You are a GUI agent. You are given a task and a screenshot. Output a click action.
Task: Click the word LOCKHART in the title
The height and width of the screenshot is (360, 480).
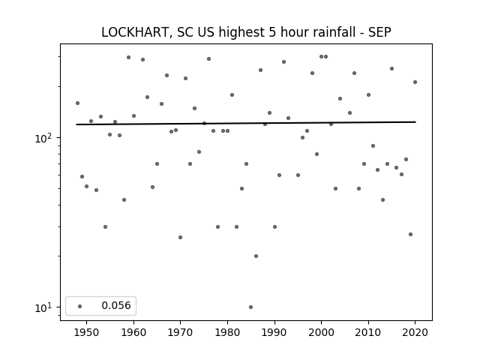(134, 32)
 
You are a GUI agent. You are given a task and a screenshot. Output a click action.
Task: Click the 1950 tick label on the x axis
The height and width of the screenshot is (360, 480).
(87, 332)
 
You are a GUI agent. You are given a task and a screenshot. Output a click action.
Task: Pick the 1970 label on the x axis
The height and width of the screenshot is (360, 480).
(180, 332)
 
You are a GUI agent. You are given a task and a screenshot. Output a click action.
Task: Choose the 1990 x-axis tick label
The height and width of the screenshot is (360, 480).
(274, 332)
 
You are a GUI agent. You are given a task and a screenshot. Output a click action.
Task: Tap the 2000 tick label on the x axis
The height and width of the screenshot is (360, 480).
(322, 332)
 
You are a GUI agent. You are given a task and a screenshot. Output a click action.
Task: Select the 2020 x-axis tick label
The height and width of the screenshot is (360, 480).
(415, 332)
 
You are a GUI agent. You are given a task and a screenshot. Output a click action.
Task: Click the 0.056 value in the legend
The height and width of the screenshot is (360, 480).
(116, 305)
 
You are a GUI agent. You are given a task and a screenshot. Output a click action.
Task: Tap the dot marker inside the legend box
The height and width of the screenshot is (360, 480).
(80, 306)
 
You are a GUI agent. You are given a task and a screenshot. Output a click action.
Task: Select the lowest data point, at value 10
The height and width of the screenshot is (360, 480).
(250, 307)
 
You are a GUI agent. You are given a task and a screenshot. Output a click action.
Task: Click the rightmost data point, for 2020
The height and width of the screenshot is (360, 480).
(415, 82)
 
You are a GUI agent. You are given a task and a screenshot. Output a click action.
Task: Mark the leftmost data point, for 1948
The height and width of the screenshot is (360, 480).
(77, 103)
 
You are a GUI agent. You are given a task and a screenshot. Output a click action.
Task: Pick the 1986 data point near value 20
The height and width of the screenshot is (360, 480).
(256, 256)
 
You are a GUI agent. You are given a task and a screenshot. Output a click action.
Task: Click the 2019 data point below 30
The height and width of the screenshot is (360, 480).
(410, 235)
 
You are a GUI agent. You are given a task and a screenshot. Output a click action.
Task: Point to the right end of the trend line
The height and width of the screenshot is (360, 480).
(415, 121)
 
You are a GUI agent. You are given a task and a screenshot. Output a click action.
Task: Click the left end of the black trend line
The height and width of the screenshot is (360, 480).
(76, 124)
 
